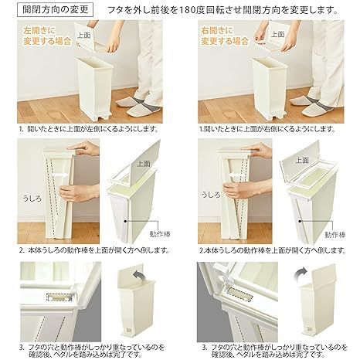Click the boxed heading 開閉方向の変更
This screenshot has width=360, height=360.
pos(56,10)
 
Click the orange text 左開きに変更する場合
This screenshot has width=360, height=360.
pos(47,36)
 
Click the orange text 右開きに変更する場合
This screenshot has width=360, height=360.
pos(225,36)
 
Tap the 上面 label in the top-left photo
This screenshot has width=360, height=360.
pos(84,36)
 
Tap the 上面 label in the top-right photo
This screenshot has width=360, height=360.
pos(278,34)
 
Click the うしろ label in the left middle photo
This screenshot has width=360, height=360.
pos(32,199)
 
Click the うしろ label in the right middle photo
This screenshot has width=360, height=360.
pos(211,195)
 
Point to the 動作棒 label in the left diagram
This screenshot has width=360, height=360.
pos(160,234)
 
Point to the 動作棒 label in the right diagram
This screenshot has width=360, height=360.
pos(335,235)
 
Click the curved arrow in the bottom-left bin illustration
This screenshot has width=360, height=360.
pos(139,277)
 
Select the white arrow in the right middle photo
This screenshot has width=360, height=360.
pos(235,175)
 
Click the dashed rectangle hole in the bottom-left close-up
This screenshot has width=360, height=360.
pos(59,297)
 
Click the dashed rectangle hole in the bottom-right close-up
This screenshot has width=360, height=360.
pos(241,294)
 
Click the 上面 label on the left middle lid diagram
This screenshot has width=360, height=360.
pos(144,164)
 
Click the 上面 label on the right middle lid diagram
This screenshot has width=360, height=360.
pos(302,160)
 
